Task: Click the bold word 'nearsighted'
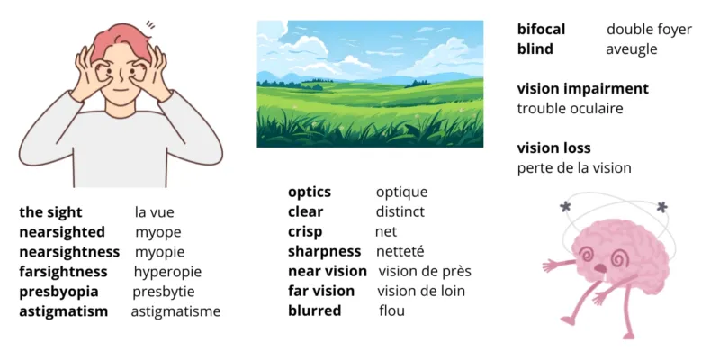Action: click(x=62, y=232)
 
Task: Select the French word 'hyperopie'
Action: click(x=167, y=272)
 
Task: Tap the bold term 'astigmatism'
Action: click(x=64, y=311)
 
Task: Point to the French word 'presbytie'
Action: click(x=164, y=292)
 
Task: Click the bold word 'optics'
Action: click(x=310, y=192)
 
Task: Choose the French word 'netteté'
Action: click(x=400, y=251)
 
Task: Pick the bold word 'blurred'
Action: click(x=315, y=310)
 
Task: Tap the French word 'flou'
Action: click(x=391, y=310)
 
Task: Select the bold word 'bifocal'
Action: click(x=542, y=30)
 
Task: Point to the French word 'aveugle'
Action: click(x=632, y=49)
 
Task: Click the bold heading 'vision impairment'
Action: click(x=583, y=89)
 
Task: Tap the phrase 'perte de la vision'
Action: click(x=574, y=168)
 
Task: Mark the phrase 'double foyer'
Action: click(x=649, y=30)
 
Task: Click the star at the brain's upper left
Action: click(x=565, y=209)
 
